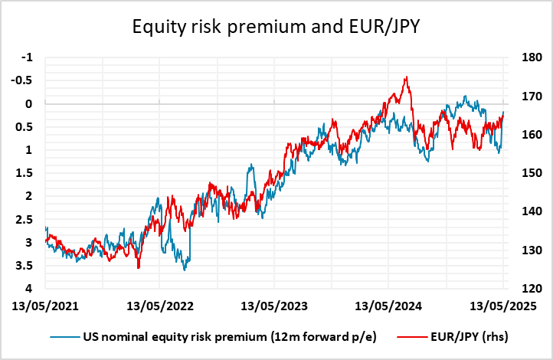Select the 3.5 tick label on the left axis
point(27,266)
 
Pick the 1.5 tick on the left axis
point(27,173)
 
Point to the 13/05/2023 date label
point(274,307)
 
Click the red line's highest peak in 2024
point(406,77)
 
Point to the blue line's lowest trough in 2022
point(185,270)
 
